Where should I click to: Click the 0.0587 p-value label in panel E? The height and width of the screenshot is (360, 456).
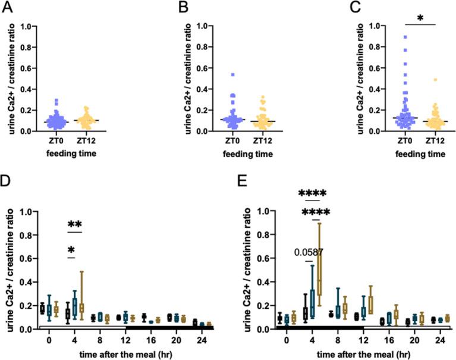[309, 252]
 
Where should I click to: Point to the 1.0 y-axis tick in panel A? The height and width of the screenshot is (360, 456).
[27, 26]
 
